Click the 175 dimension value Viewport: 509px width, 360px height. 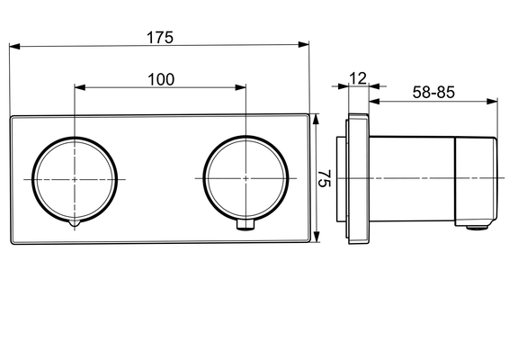[x=160, y=37]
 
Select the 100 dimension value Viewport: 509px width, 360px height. [x=161, y=79]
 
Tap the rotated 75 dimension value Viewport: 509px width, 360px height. [x=324, y=178]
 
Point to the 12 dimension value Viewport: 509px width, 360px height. [x=358, y=78]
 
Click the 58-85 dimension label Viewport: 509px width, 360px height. [x=433, y=93]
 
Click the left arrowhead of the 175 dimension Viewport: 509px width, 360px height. [x=15, y=47]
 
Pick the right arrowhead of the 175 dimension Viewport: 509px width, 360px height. [x=304, y=44]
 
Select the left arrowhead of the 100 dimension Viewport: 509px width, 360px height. [x=80, y=87]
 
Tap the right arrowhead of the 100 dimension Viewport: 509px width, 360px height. [x=240, y=87]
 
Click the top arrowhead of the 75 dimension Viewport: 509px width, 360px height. [x=317, y=119]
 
